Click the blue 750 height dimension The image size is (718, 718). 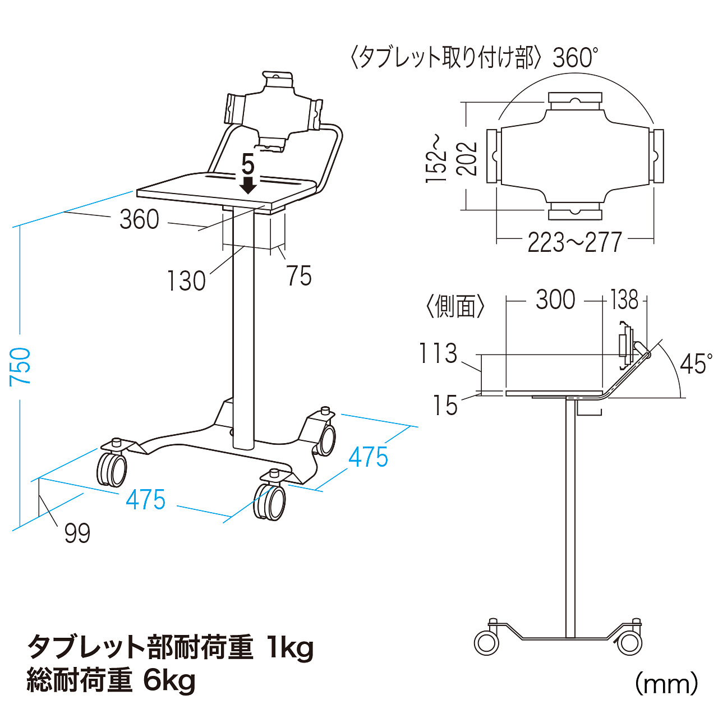tap(20, 366)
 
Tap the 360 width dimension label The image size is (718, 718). tap(140, 219)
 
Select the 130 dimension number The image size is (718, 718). tap(187, 280)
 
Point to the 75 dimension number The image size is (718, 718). tap(298, 276)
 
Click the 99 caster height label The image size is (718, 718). tap(77, 533)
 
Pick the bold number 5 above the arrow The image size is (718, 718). tap(248, 165)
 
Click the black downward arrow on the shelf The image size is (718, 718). tap(248, 185)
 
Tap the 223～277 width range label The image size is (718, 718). tap(574, 242)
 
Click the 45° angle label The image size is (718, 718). tap(696, 364)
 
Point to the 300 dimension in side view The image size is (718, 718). tap(555, 300)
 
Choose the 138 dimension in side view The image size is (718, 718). tap(624, 300)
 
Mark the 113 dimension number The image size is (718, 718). tap(438, 353)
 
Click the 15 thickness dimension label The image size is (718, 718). tap(445, 405)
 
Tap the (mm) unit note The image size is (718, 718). tap(666, 684)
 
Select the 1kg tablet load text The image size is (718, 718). tap(290, 647)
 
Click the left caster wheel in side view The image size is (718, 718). tap(486, 642)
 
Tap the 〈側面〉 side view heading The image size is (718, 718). tap(455, 306)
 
